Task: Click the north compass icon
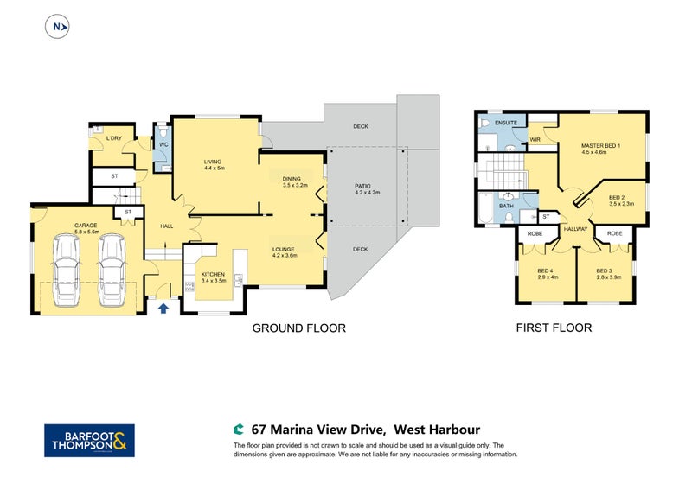coord(57,27)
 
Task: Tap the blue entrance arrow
coord(163,308)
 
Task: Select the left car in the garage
coord(67,270)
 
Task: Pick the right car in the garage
coord(112,270)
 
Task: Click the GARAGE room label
coord(86,226)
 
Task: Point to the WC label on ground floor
coord(163,144)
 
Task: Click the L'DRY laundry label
coord(114,138)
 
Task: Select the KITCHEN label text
coord(213,274)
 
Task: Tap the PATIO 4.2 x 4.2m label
coord(367,189)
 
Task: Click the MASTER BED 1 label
coord(600,145)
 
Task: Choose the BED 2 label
coord(617,198)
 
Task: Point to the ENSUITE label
coord(506,123)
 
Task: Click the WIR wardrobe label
coord(535,139)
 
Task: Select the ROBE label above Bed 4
coord(535,233)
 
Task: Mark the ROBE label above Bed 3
coord(614,233)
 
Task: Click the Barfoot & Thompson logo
coord(89,441)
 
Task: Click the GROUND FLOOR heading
coord(298,328)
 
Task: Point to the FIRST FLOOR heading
coord(554,328)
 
